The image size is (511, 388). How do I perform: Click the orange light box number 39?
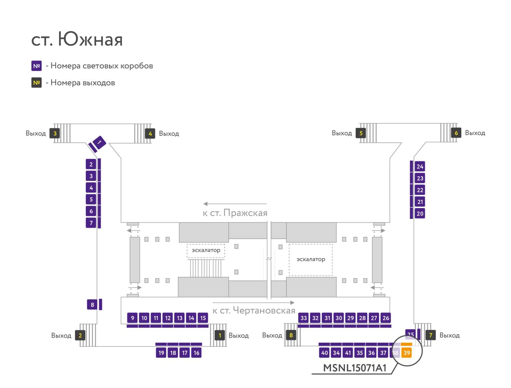[x=406, y=353]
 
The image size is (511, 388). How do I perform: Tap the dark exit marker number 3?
[x=55, y=133]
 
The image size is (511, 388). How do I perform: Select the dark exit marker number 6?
[x=456, y=133]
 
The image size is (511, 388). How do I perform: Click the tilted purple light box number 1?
[x=99, y=142]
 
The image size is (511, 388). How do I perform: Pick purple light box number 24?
[x=420, y=167]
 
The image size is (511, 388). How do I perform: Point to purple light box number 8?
[x=92, y=304]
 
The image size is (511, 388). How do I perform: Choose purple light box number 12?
[x=168, y=318]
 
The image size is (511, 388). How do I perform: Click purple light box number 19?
[x=161, y=353]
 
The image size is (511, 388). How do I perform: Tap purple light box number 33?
[x=303, y=318]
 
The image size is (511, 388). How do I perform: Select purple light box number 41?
[x=348, y=353]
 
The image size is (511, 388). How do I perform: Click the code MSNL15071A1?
[x=355, y=368]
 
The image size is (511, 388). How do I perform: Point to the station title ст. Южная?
[x=77, y=39]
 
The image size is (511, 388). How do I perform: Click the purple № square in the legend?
[x=36, y=66]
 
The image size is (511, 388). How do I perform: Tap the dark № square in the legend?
[x=36, y=83]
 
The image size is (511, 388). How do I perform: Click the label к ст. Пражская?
[x=235, y=213]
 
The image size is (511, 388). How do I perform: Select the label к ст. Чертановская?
[x=254, y=310]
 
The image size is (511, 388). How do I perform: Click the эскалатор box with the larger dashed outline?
[x=310, y=260]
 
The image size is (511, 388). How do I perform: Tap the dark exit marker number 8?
[x=291, y=335]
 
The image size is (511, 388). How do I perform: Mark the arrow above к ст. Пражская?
[x=235, y=204]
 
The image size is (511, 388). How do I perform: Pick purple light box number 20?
[x=420, y=213]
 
